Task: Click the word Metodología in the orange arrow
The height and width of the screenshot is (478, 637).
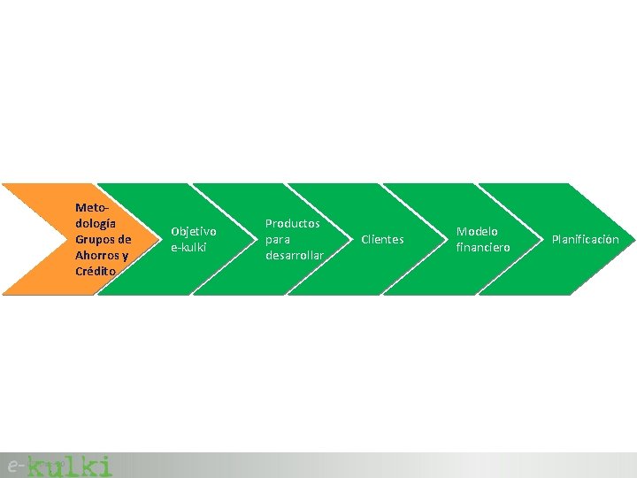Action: click(x=96, y=215)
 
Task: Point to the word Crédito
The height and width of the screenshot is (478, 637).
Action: click(x=96, y=271)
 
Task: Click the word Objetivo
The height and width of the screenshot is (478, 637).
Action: click(x=193, y=231)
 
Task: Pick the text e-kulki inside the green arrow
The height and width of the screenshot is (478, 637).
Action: click(x=188, y=247)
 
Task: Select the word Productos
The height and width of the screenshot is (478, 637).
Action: click(x=293, y=223)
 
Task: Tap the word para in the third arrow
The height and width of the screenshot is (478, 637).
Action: click(x=279, y=239)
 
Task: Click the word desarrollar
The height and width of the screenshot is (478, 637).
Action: click(x=295, y=255)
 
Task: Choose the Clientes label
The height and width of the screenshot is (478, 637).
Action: click(x=382, y=239)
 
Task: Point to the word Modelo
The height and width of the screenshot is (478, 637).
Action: click(x=477, y=231)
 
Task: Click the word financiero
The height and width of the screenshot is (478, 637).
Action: click(x=483, y=247)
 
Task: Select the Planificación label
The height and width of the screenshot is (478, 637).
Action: click(x=586, y=239)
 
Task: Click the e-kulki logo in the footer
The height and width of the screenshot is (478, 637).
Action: click(x=59, y=465)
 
